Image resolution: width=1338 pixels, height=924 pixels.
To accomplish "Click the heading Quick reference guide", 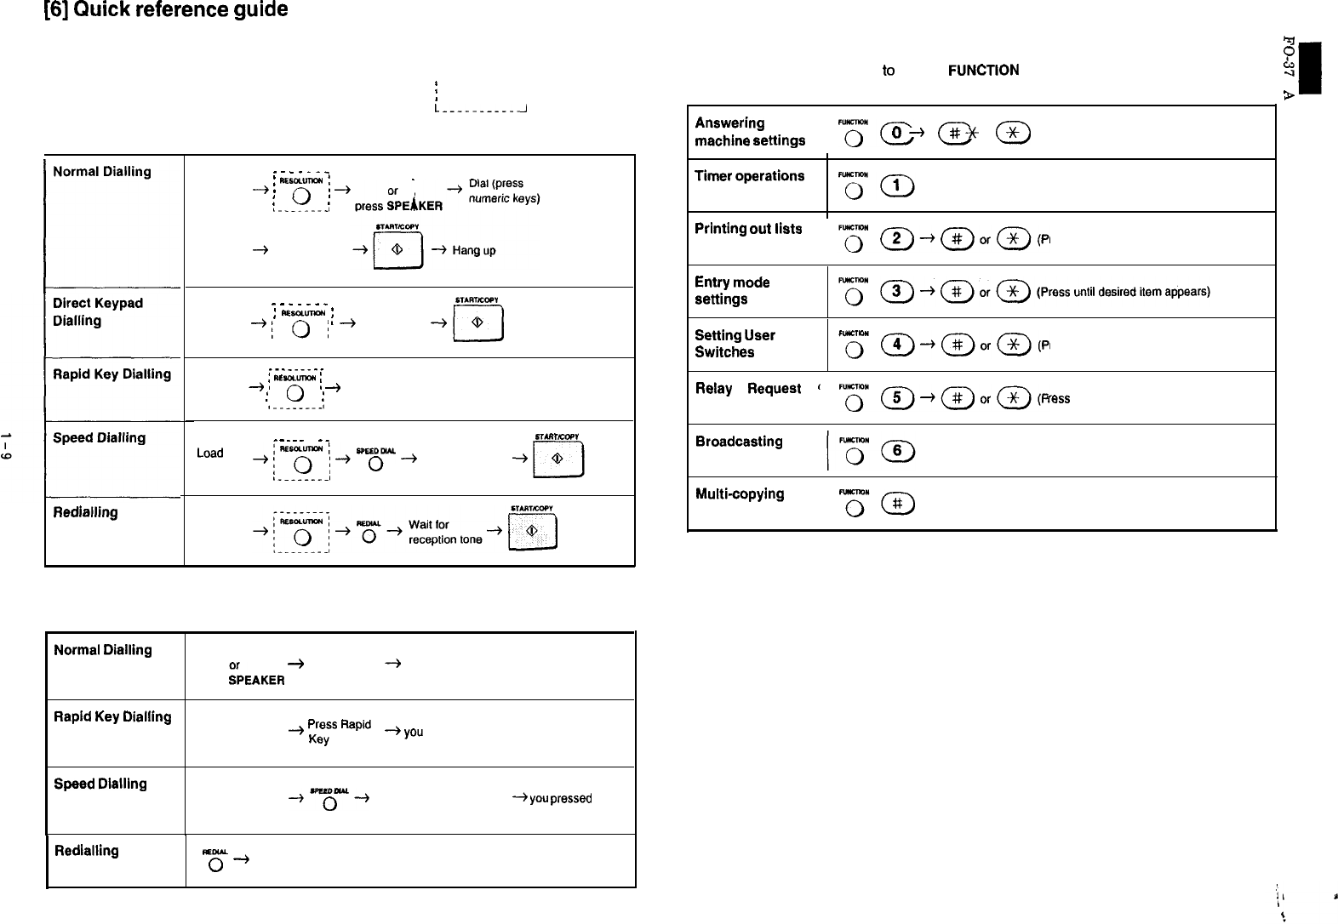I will coord(166,10).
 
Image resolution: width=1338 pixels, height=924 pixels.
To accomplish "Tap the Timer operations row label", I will coord(749,176).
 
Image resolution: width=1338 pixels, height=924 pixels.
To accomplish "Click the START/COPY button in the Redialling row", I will coord(531,535).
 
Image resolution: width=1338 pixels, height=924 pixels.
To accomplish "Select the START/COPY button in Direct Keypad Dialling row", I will coord(478,324).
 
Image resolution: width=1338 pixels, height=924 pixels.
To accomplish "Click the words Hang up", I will coord(474,251).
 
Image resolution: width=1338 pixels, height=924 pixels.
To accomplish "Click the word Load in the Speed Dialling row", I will coord(209,453).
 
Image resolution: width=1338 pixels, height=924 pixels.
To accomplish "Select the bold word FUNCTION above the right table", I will coord(983,71).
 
